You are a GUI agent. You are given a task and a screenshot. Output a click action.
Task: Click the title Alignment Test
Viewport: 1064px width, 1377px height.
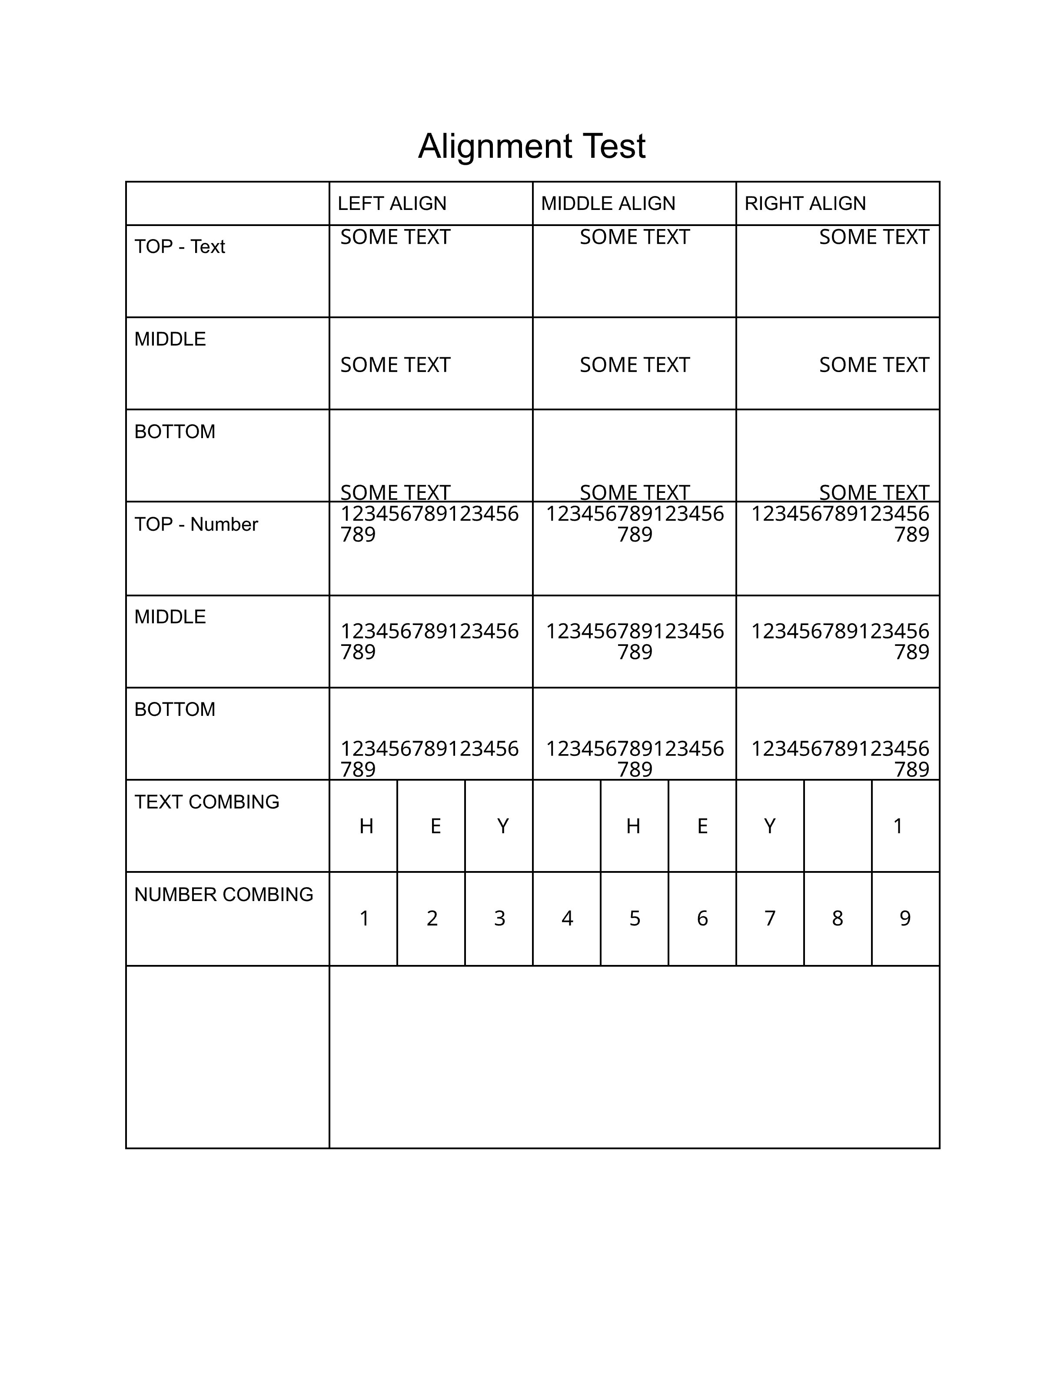pos(532,146)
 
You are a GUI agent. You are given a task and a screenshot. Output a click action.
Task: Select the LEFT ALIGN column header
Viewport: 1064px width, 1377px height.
pos(392,204)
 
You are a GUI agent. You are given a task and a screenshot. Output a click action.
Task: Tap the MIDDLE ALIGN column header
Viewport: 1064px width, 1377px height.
pos(608,204)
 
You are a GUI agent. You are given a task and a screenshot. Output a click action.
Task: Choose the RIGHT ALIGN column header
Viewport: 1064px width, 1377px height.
pos(805,204)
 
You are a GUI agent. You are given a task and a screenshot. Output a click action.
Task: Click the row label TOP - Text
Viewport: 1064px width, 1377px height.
pos(180,246)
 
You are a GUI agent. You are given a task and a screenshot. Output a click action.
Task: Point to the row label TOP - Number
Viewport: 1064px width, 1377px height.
pos(196,525)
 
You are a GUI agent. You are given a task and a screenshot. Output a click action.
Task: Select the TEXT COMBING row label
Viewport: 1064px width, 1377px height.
pos(207,802)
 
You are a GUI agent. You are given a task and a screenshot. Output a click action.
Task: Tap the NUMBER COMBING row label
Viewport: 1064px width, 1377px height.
pos(224,895)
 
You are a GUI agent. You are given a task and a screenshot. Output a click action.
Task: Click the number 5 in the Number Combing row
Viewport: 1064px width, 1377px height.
pos(635,918)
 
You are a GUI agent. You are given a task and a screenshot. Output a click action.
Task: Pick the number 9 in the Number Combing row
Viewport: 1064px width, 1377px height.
pos(905,918)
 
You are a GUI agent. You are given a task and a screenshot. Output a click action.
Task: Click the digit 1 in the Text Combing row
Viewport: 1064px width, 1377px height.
pos(898,826)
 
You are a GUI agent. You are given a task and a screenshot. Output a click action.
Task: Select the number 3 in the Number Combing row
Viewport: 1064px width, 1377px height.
pos(499,918)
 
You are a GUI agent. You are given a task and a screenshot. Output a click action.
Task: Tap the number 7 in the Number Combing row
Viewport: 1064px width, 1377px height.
pos(770,918)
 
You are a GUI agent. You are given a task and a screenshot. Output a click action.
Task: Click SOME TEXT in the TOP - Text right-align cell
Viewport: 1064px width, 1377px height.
pos(874,237)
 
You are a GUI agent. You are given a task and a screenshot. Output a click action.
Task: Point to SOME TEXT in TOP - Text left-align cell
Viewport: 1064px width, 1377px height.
pos(395,237)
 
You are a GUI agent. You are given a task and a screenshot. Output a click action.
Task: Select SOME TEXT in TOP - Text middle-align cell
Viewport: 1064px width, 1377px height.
pos(635,237)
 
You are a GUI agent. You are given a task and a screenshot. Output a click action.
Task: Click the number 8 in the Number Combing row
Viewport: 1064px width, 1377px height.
pos(837,918)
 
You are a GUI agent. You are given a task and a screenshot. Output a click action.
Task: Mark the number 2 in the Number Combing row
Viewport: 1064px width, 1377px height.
pos(432,918)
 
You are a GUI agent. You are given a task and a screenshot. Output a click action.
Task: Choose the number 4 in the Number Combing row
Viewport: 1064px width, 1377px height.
pos(567,918)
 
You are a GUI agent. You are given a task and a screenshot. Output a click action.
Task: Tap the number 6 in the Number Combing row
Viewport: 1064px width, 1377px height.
pos(702,918)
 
